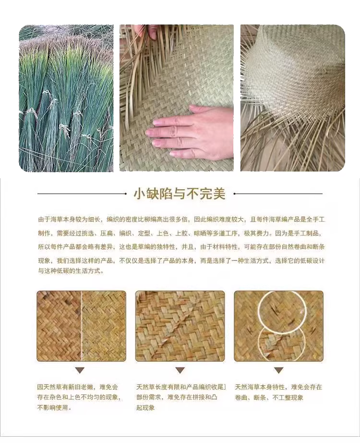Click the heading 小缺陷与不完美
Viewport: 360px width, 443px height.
(180, 194)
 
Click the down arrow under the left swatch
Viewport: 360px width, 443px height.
(80, 370)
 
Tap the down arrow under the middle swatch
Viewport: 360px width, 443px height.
(180, 370)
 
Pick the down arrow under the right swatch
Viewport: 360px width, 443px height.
(279, 370)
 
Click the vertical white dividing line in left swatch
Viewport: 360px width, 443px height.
(82, 326)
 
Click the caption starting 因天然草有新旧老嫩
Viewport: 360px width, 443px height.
(80, 397)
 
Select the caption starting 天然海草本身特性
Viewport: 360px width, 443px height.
(278, 392)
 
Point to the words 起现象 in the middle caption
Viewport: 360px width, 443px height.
(145, 407)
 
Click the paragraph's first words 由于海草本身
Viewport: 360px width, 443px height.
(57, 219)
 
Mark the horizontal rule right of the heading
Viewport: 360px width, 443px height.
(278, 194)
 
